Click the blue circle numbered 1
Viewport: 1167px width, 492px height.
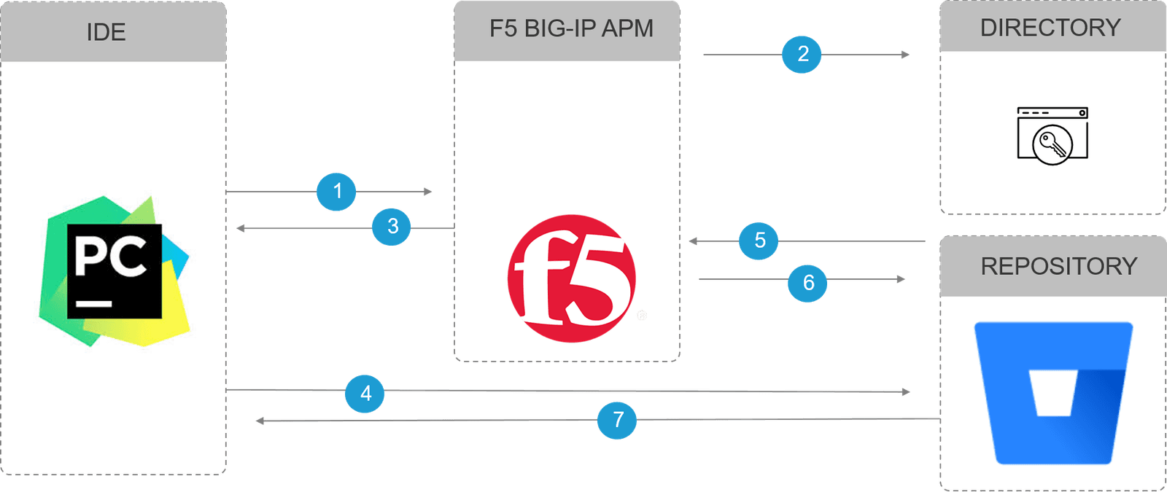336,192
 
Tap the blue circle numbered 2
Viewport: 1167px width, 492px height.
802,54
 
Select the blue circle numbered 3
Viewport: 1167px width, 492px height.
392,227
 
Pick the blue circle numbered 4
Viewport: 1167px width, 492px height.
365,394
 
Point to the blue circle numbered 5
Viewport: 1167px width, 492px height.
759,241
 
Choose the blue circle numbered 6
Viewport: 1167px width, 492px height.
807,283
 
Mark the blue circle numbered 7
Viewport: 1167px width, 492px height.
617,420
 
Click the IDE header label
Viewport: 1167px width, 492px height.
106,32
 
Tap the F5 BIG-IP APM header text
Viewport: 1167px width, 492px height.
571,28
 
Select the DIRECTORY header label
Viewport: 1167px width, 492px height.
1050,28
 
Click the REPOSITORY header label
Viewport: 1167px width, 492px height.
1058,266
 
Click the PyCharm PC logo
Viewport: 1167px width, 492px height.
115,271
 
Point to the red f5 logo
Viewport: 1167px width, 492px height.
571,278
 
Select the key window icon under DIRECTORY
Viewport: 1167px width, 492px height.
1052,136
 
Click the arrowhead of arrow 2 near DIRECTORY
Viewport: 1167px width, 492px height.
905,55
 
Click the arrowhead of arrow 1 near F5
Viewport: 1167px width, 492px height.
428,192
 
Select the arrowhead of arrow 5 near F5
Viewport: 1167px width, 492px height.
694,241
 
